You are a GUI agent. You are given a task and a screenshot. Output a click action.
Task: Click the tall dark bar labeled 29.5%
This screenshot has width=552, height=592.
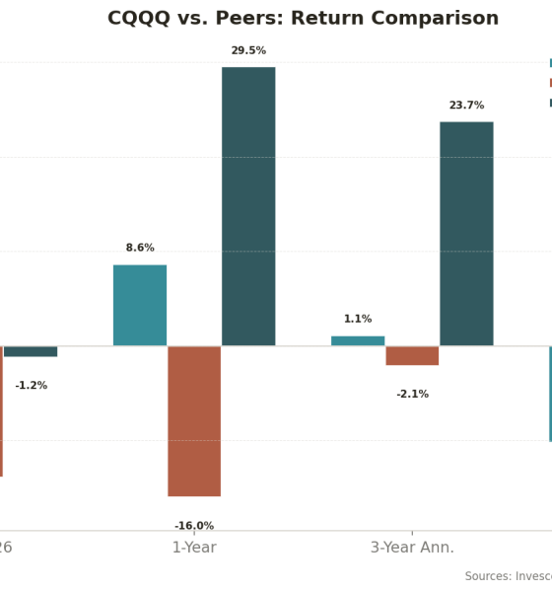point(248,206)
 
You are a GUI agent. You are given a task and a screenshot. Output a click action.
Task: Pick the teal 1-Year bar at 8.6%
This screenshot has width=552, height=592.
point(140,305)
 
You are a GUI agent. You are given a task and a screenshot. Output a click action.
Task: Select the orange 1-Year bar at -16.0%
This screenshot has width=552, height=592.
point(194,420)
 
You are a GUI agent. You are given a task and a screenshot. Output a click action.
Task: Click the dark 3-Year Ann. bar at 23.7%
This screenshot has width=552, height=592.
point(466,234)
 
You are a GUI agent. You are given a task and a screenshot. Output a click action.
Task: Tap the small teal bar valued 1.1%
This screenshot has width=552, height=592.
point(358,340)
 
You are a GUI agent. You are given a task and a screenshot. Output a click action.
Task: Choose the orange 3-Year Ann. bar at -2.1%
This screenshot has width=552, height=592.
point(412,355)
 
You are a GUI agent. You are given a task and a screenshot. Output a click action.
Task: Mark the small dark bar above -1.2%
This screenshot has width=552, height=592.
point(31,351)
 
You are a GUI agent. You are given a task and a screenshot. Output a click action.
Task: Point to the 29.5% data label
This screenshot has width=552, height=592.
point(248,50)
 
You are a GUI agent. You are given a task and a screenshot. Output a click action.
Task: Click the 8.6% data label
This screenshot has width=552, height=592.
point(140,248)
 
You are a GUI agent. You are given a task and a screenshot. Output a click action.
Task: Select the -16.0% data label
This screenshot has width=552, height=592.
point(194,526)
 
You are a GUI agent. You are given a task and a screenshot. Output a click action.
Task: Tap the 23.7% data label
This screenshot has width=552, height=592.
point(466,106)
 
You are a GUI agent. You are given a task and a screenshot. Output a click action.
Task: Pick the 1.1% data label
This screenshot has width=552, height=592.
point(358,319)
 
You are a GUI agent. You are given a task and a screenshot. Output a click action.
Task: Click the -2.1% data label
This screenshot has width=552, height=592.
point(412,394)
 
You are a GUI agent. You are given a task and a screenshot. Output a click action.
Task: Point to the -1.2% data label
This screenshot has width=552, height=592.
point(31,385)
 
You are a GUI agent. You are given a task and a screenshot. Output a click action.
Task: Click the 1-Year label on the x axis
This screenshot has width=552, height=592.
point(194,548)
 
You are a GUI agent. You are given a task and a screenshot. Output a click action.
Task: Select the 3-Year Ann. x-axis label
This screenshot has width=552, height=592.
point(412,548)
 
